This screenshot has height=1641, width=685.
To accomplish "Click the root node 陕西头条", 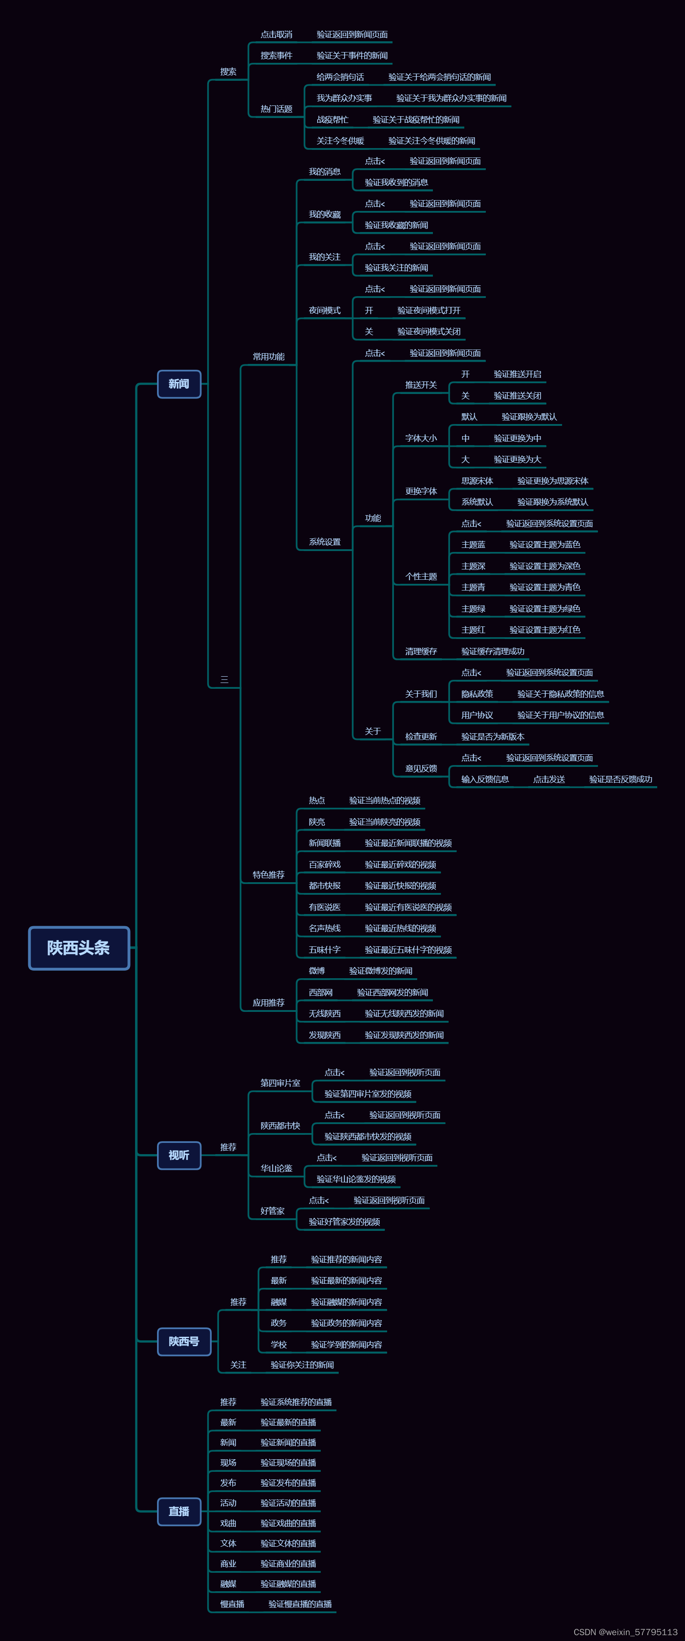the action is [x=79, y=947].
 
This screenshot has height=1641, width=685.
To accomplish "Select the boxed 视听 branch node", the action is [x=179, y=1155].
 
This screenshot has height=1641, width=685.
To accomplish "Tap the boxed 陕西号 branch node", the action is [x=184, y=1341].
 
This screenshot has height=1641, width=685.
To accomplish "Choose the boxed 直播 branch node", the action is [x=179, y=1511].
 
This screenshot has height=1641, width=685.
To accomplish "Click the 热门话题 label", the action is [x=276, y=109].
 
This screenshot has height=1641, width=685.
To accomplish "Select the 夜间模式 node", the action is [x=325, y=310].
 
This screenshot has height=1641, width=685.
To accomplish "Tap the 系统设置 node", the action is [x=325, y=542].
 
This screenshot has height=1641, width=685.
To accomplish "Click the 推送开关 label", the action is [x=421, y=385].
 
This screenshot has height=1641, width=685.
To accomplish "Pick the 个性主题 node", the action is [x=421, y=577].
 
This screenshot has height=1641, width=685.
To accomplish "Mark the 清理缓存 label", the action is [x=421, y=651].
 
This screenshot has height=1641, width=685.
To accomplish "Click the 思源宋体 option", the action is [x=477, y=481].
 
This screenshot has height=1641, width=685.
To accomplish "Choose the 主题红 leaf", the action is [x=473, y=630].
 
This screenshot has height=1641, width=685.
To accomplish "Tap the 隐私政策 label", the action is [x=477, y=694].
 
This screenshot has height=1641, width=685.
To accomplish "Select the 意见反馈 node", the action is [x=421, y=768].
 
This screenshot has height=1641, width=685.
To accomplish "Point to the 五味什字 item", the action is [x=325, y=949].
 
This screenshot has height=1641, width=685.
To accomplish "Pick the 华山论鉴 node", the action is [x=276, y=1168].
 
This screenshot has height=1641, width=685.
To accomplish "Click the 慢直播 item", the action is [x=232, y=1603].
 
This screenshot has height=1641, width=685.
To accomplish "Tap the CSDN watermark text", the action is [x=625, y=1632].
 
